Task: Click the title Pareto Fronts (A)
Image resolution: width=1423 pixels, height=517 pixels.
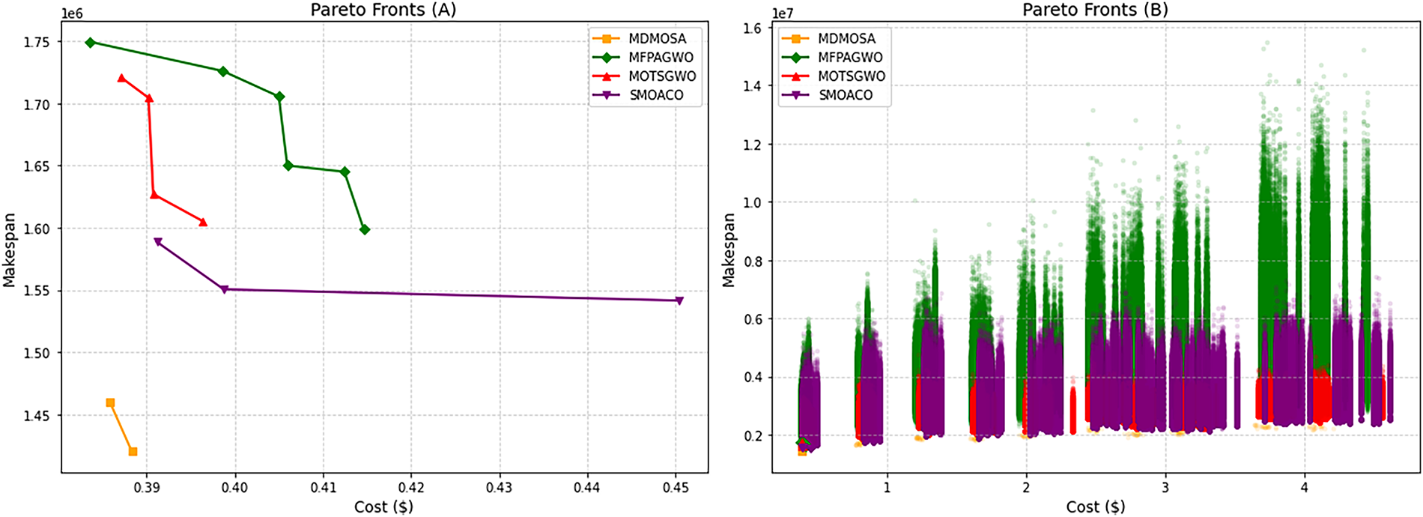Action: [383, 10]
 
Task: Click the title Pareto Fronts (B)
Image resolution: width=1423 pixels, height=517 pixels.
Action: [1095, 10]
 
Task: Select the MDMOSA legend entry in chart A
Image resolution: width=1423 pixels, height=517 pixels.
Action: [657, 38]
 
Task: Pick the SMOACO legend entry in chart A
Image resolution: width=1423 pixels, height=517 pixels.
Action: [656, 95]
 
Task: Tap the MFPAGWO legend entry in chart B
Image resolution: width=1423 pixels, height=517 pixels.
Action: [850, 57]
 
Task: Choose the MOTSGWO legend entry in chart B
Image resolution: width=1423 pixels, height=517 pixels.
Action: [851, 76]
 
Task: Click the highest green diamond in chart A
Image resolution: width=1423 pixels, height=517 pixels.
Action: [91, 43]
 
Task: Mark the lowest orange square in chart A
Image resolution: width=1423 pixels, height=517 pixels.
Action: [133, 452]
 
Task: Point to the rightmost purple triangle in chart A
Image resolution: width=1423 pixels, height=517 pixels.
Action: [679, 301]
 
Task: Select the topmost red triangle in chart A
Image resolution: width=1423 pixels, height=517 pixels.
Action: [122, 79]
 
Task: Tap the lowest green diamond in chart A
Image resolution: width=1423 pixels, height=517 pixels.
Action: [365, 230]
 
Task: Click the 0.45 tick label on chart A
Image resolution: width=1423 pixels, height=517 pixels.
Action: [676, 488]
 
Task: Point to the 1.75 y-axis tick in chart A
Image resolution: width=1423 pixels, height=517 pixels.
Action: [37, 43]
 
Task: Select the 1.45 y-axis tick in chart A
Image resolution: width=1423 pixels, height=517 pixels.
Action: [37, 416]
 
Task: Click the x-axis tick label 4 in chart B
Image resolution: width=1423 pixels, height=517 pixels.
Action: [1305, 488]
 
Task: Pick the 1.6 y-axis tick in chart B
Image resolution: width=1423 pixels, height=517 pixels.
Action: [752, 28]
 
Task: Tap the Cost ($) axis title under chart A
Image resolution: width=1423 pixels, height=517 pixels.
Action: [383, 507]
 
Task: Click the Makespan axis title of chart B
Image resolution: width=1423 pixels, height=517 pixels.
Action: [728, 250]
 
